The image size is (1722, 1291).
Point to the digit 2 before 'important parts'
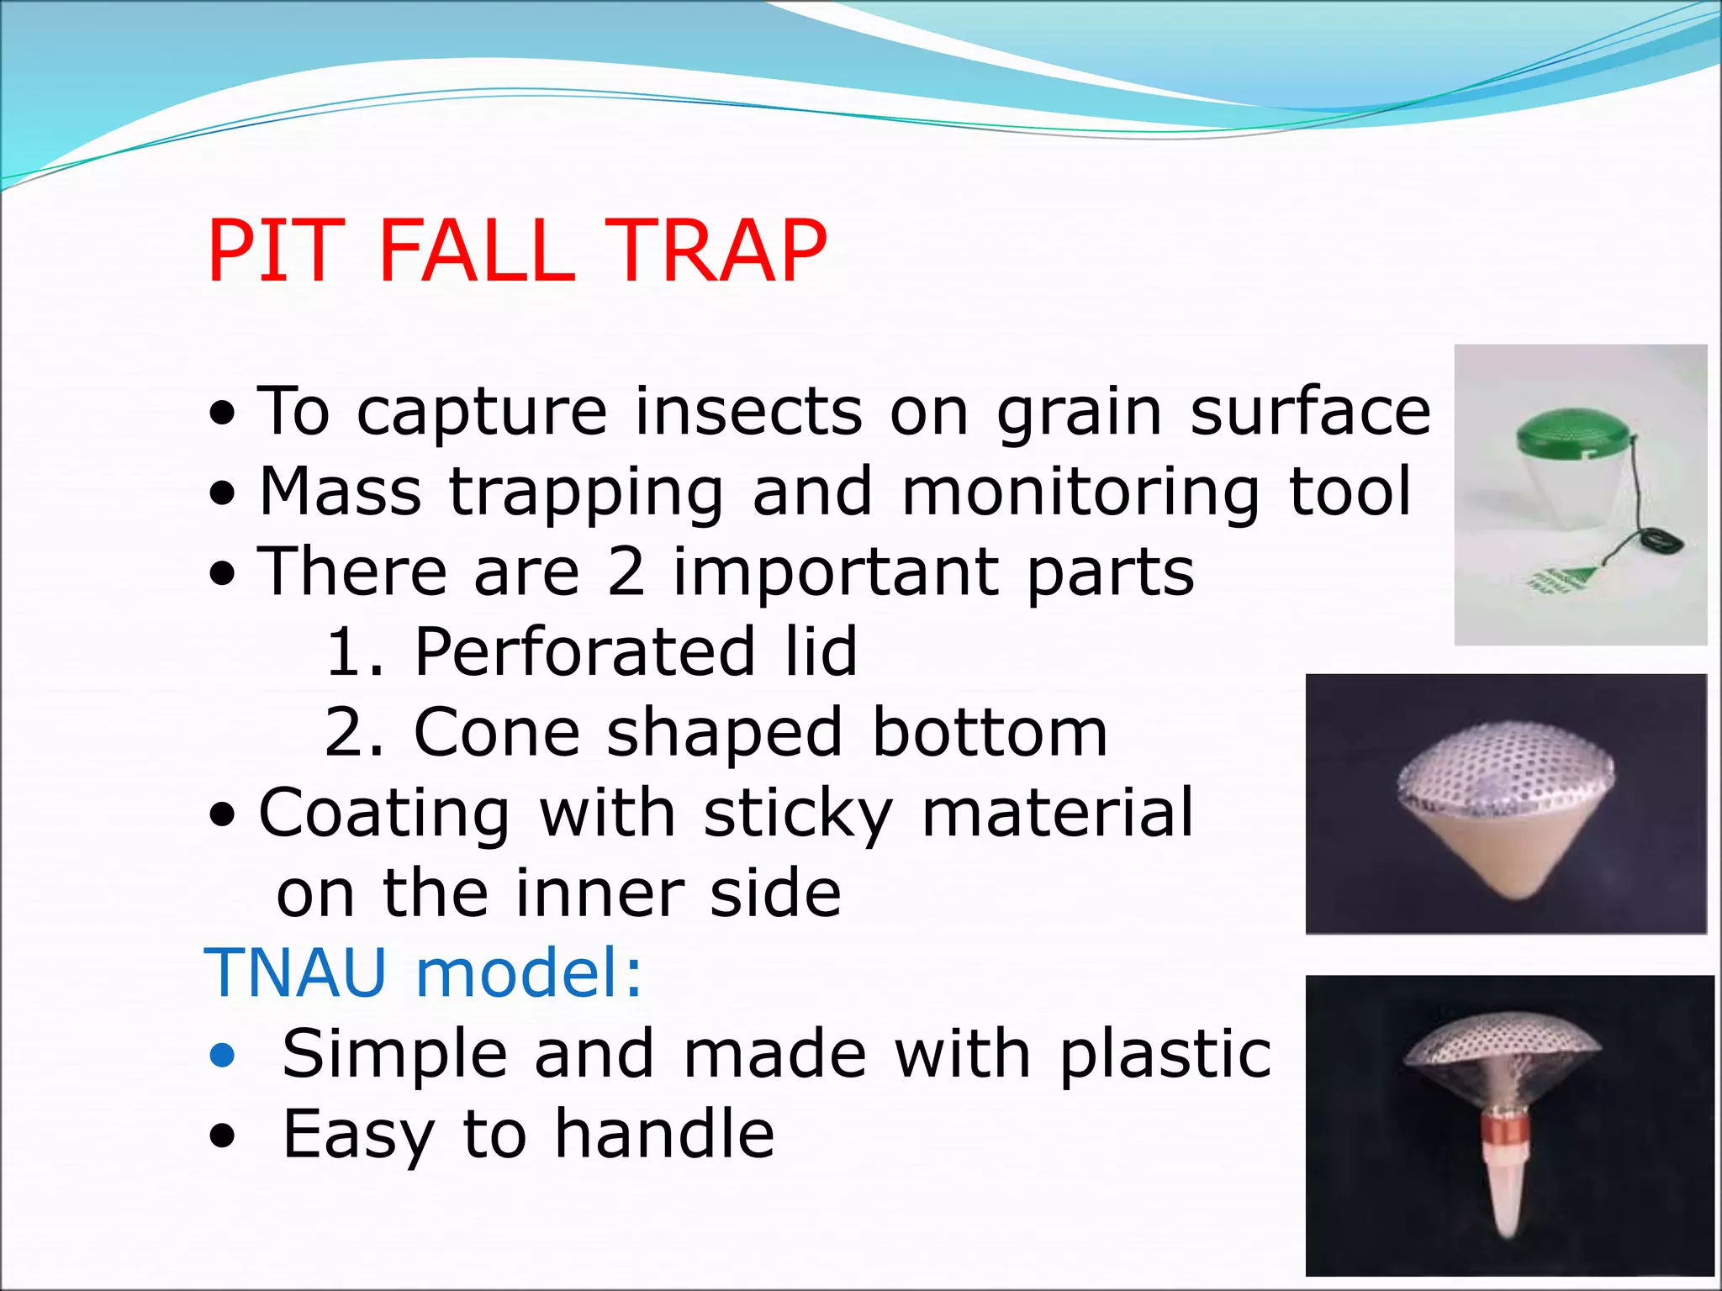[x=626, y=572]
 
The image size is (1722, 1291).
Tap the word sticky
[x=797, y=814]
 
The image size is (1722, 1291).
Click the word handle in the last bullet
[x=663, y=1134]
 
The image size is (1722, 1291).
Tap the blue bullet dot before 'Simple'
[x=223, y=1054]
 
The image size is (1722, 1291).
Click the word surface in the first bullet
[x=1310, y=411]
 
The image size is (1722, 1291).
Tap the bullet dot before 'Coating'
[x=223, y=814]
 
